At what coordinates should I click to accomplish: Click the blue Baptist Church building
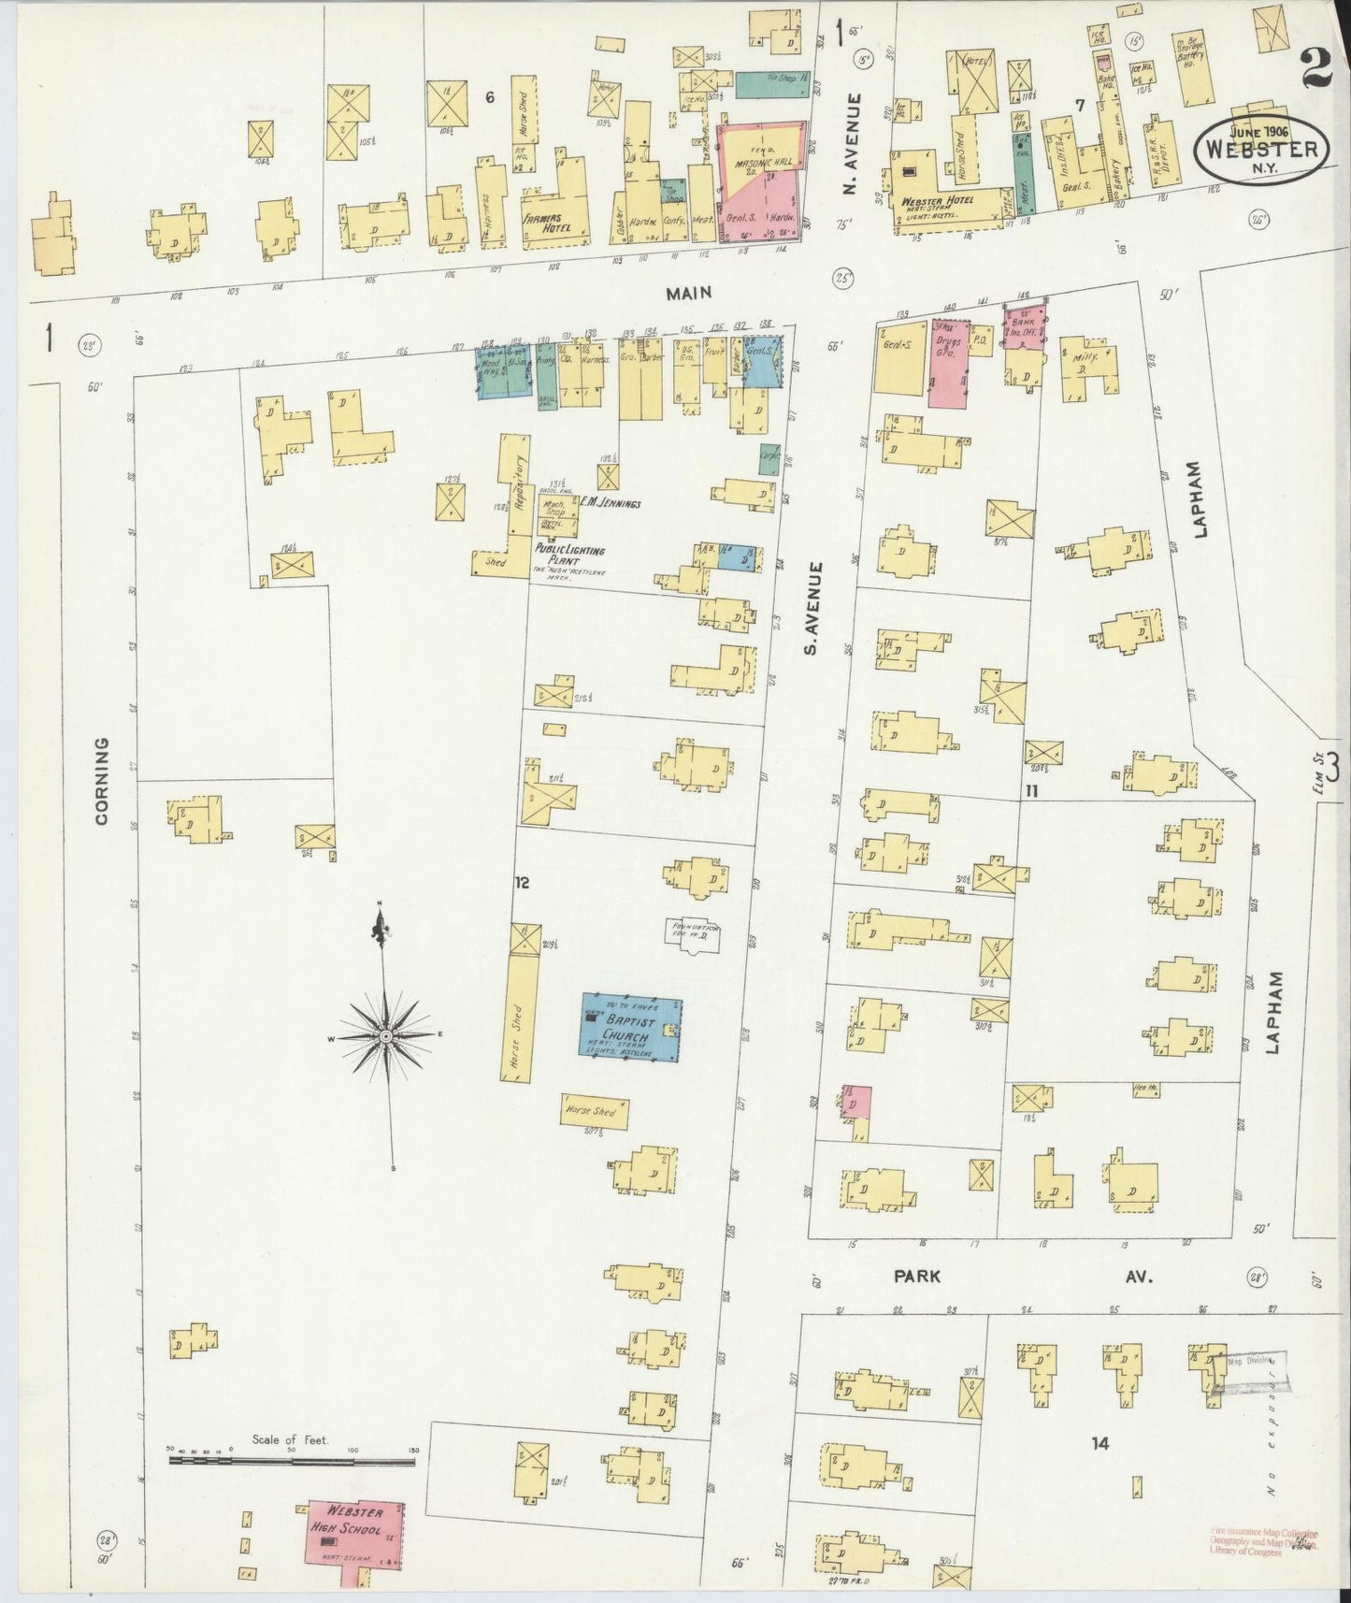pos(631,1028)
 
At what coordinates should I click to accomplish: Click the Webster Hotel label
pos(938,201)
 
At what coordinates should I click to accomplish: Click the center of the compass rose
pos(384,1037)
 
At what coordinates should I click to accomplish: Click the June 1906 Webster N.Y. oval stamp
pos(1262,147)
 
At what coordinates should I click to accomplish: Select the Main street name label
pos(688,293)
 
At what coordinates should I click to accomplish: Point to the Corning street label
pos(102,781)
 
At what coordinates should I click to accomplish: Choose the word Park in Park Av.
pos(916,1276)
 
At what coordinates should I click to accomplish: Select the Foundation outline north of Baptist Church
pos(693,935)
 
